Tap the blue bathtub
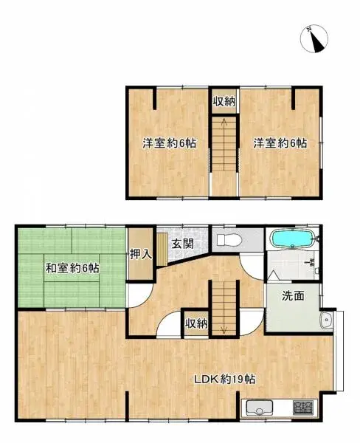pos(293,239)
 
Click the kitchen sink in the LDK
pos(260,408)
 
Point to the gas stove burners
pos(302,408)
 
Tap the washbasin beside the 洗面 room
pos(325,320)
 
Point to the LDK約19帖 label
pos(225,380)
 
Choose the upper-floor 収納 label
pos(224,102)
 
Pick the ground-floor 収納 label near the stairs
pos(196,323)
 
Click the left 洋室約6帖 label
pos(170,143)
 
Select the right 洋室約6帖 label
pos(280,143)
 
